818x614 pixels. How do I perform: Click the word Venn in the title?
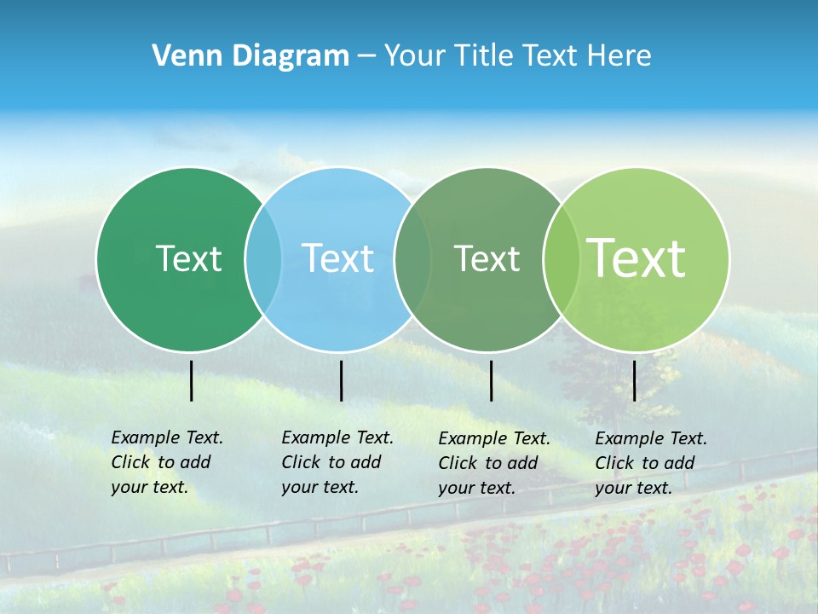coord(182,55)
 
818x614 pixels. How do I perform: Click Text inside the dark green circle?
coord(188,258)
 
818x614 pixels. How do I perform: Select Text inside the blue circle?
coord(338,258)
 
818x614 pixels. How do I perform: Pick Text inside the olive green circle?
coord(487,258)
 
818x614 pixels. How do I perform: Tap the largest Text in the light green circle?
coord(637,258)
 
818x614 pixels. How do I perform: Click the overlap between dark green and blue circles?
coord(263,258)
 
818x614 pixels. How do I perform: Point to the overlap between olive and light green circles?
coord(561,258)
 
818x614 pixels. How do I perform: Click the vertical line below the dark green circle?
coord(191,380)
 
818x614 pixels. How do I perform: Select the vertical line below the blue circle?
coord(341,380)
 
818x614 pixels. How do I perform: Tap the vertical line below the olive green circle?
coord(491,380)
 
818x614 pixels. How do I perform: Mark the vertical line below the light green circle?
coord(634,380)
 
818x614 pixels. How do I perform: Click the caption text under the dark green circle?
coord(166,462)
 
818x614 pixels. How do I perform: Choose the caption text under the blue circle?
coord(337,462)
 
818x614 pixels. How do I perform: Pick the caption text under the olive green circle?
coord(493,463)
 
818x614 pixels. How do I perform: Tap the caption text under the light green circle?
coord(650,463)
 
